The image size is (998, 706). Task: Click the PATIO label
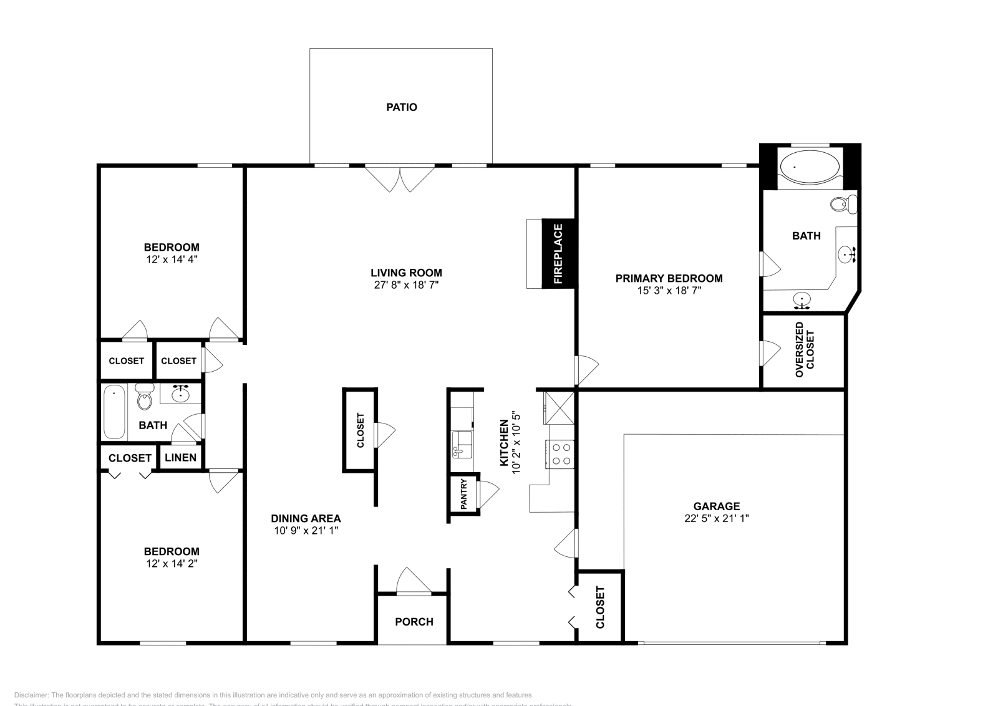pyautogui.click(x=401, y=107)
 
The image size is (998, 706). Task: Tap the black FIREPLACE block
pyautogui.click(x=558, y=253)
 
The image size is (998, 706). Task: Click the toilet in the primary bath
pyautogui.click(x=845, y=203)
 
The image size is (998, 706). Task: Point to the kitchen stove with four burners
pyautogui.click(x=560, y=454)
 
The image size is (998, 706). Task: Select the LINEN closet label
pyautogui.click(x=181, y=457)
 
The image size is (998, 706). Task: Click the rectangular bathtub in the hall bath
pyautogui.click(x=114, y=412)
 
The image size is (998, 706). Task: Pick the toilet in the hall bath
pyautogui.click(x=145, y=397)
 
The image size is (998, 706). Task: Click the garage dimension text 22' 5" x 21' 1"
pyautogui.click(x=716, y=518)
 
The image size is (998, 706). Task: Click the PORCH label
pyautogui.click(x=414, y=622)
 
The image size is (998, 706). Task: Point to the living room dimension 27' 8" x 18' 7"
pyautogui.click(x=406, y=285)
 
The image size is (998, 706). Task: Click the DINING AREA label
pyautogui.click(x=306, y=518)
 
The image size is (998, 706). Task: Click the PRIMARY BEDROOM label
pyautogui.click(x=669, y=278)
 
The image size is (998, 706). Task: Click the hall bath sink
pyautogui.click(x=182, y=394)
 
